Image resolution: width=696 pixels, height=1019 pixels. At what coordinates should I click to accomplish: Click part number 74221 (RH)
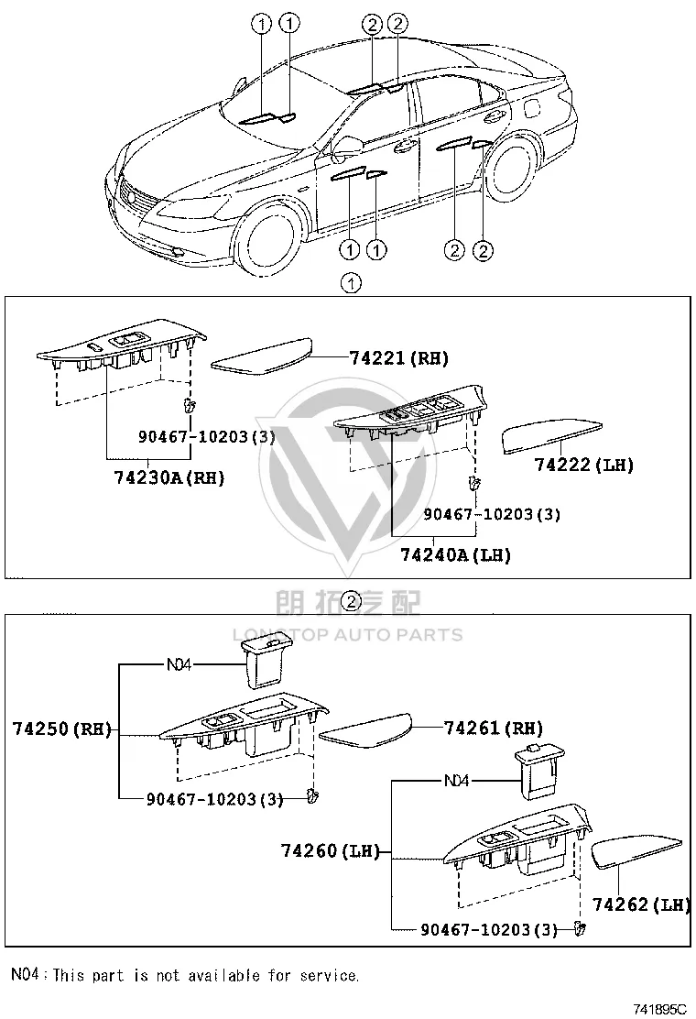click(x=398, y=357)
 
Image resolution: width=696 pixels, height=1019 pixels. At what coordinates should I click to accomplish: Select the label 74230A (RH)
click(x=169, y=477)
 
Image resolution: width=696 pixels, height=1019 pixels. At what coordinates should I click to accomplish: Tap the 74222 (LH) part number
click(x=583, y=464)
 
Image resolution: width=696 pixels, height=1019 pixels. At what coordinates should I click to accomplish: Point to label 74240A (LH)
click(x=456, y=555)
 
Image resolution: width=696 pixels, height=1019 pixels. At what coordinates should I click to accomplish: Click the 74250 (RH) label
click(x=61, y=729)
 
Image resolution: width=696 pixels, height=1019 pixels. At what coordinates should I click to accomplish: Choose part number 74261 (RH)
click(x=494, y=728)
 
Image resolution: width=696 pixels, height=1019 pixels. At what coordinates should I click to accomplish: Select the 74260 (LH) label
click(x=331, y=850)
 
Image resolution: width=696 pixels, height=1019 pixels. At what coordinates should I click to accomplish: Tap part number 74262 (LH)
click(x=641, y=904)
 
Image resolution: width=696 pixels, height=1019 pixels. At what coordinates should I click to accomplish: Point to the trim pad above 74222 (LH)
click(x=552, y=435)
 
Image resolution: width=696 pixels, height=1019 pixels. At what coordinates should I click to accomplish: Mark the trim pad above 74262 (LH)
click(x=636, y=852)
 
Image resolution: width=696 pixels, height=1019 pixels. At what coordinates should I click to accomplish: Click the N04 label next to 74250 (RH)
click(x=179, y=664)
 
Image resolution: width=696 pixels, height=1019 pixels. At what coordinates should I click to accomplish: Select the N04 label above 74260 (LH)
click(x=456, y=781)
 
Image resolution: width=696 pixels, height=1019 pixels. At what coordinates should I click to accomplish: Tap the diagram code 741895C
click(x=659, y=1009)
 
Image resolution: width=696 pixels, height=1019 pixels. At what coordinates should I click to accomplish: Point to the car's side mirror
click(x=345, y=148)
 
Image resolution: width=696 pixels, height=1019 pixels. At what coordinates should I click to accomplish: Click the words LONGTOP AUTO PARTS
click(x=348, y=635)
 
